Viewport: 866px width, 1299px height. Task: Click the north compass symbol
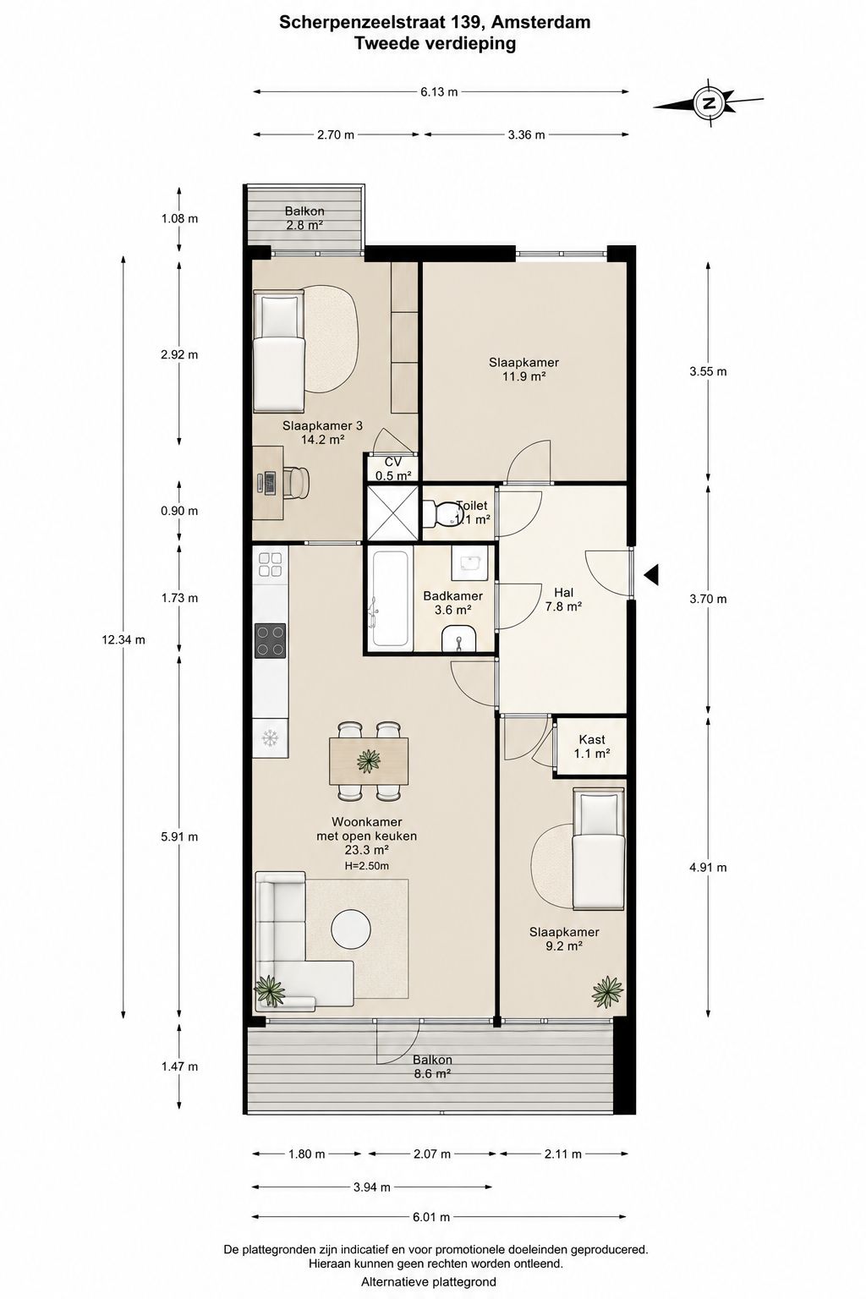coord(708,103)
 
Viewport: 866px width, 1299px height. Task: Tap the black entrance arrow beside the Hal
coord(651,574)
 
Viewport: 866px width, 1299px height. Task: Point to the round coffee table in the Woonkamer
coord(350,927)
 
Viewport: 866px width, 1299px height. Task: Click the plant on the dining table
coord(368,760)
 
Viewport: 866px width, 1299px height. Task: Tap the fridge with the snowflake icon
coord(271,737)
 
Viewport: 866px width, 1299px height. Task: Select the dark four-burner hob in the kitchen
coord(271,640)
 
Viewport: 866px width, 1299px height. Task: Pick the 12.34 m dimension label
coord(123,639)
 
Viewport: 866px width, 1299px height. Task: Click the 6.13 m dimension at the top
coord(440,91)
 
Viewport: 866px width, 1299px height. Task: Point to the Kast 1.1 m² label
coord(592,747)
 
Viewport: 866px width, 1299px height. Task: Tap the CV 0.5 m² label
coord(393,469)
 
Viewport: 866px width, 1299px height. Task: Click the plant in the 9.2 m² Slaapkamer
coord(607,992)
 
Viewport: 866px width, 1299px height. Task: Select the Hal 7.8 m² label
coord(563,600)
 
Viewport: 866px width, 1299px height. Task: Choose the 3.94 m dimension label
coord(372,1187)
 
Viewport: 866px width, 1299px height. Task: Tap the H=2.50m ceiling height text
coord(366,866)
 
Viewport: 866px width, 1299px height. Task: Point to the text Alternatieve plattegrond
coord(429,1281)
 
